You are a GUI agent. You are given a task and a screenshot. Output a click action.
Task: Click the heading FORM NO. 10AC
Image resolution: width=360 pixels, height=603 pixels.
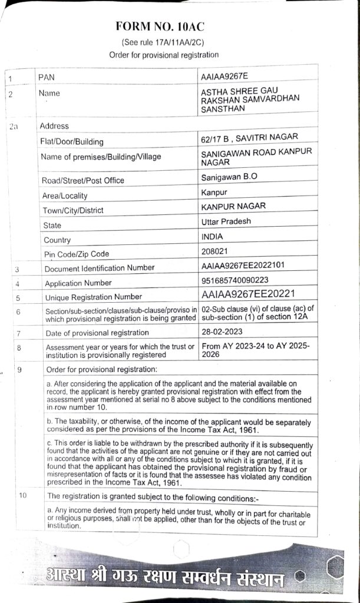pyautogui.click(x=164, y=28)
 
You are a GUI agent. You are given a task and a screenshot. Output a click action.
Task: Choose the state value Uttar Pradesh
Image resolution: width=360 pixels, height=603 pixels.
pyautogui.click(x=226, y=221)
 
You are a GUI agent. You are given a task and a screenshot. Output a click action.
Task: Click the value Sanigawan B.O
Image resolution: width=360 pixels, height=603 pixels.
pyautogui.click(x=229, y=176)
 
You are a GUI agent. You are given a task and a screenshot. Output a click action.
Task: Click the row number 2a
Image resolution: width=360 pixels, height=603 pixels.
pyautogui.click(x=15, y=126)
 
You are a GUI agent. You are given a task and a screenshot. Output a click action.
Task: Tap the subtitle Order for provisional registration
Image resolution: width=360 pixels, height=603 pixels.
pyautogui.click(x=164, y=55)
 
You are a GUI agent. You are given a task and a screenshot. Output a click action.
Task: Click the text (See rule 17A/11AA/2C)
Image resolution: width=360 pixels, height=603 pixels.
pyautogui.click(x=164, y=43)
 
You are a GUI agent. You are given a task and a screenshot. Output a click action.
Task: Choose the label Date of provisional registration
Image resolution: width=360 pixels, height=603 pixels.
pyautogui.click(x=93, y=333)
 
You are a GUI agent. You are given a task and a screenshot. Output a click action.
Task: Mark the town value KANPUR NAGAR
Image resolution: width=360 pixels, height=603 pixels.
pyautogui.click(x=233, y=206)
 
